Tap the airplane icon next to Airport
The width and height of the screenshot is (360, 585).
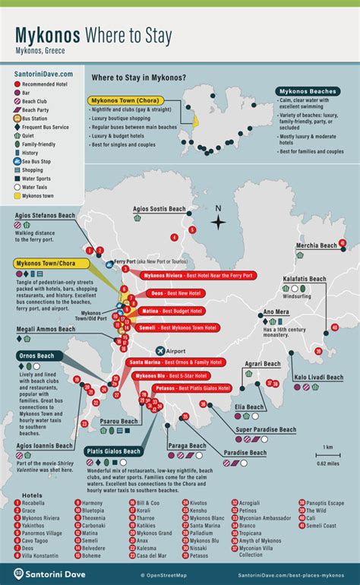[159, 350]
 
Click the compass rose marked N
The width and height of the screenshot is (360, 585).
[219, 221]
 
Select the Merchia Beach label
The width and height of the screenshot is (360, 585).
[317, 246]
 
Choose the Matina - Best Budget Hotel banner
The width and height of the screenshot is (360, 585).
[171, 311]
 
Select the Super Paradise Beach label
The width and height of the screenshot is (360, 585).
[266, 430]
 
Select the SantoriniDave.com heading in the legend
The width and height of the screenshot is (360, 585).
[44, 74]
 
